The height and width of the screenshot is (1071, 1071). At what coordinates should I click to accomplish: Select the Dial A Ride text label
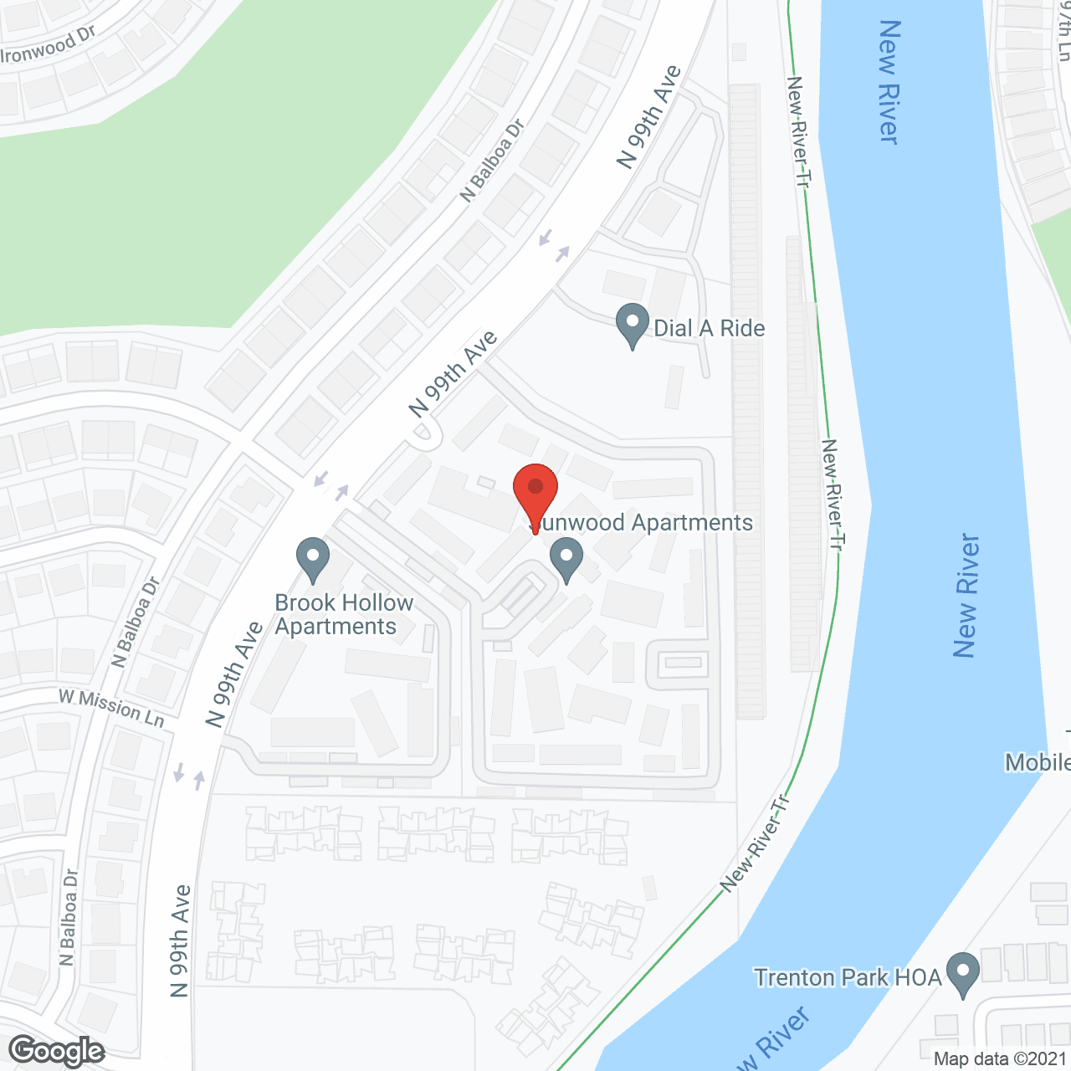[709, 328]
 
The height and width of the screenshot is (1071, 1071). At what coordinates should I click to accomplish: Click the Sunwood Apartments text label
[643, 523]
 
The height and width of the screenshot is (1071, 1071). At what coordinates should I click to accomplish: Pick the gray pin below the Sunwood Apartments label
[566, 560]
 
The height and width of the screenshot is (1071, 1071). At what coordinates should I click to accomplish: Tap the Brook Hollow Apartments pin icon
[313, 558]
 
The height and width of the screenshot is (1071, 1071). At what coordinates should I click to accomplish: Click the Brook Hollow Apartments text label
[344, 614]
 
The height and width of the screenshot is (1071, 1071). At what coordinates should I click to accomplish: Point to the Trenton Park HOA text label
[848, 977]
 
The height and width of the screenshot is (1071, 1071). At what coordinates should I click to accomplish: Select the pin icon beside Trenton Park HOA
[963, 974]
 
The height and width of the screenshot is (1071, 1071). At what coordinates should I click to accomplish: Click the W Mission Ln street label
[111, 708]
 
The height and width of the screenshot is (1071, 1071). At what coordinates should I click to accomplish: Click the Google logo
[57, 1050]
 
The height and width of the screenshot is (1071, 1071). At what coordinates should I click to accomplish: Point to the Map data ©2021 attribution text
[1001, 1059]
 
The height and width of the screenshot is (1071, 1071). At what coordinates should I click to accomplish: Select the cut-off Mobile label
[1038, 762]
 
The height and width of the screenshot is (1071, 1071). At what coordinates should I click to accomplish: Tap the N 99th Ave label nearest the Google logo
[180, 941]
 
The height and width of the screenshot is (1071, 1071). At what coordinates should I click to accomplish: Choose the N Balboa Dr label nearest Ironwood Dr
[492, 161]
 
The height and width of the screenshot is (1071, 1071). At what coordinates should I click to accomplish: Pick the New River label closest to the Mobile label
[966, 596]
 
